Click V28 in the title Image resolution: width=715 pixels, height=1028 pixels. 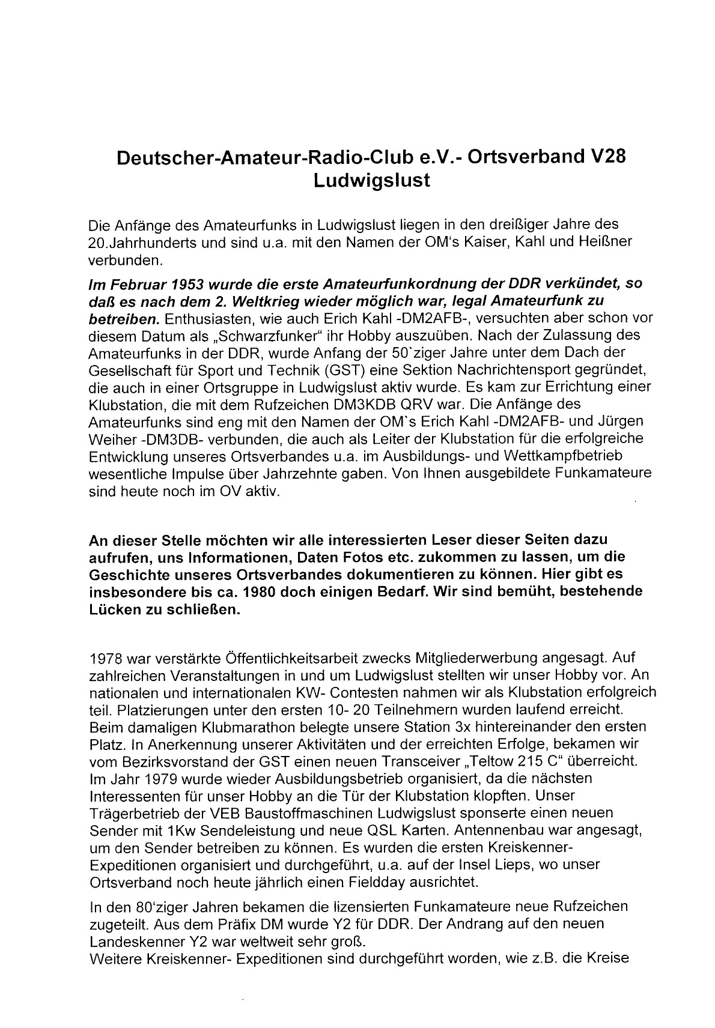coord(604,158)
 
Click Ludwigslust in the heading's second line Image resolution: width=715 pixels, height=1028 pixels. coord(372,181)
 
